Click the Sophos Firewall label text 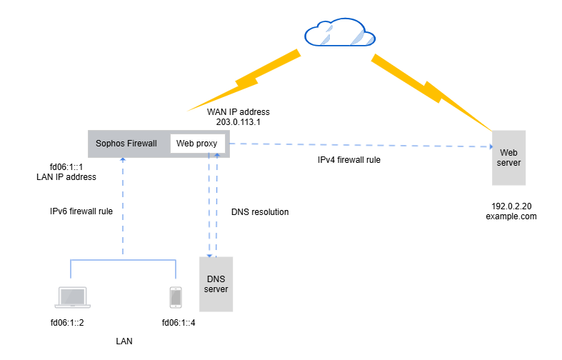click(126, 143)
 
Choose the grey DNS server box click(216, 283)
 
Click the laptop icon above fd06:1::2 click(71, 297)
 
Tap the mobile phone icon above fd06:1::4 click(175, 297)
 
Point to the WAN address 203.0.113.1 click(239, 122)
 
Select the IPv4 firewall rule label click(348, 160)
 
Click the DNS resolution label click(260, 212)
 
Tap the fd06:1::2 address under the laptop click(67, 323)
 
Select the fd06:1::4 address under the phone click(179, 323)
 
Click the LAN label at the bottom click(124, 341)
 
